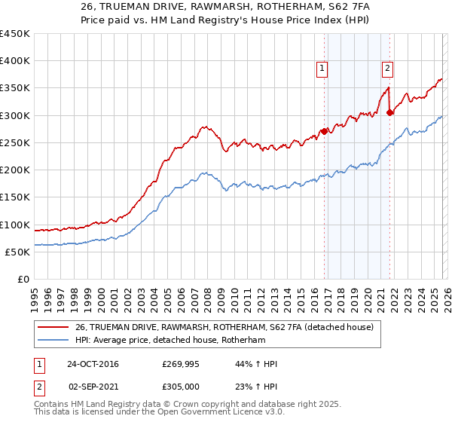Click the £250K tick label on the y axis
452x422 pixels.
point(15,142)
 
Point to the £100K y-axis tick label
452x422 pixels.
point(15,225)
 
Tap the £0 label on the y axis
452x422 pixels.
point(23,279)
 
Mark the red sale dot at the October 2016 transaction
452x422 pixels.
point(324,131)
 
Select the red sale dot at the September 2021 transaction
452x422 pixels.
point(389,113)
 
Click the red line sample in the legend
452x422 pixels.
point(53,327)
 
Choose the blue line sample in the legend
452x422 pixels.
point(53,340)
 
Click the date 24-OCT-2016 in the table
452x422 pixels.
point(93,364)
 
